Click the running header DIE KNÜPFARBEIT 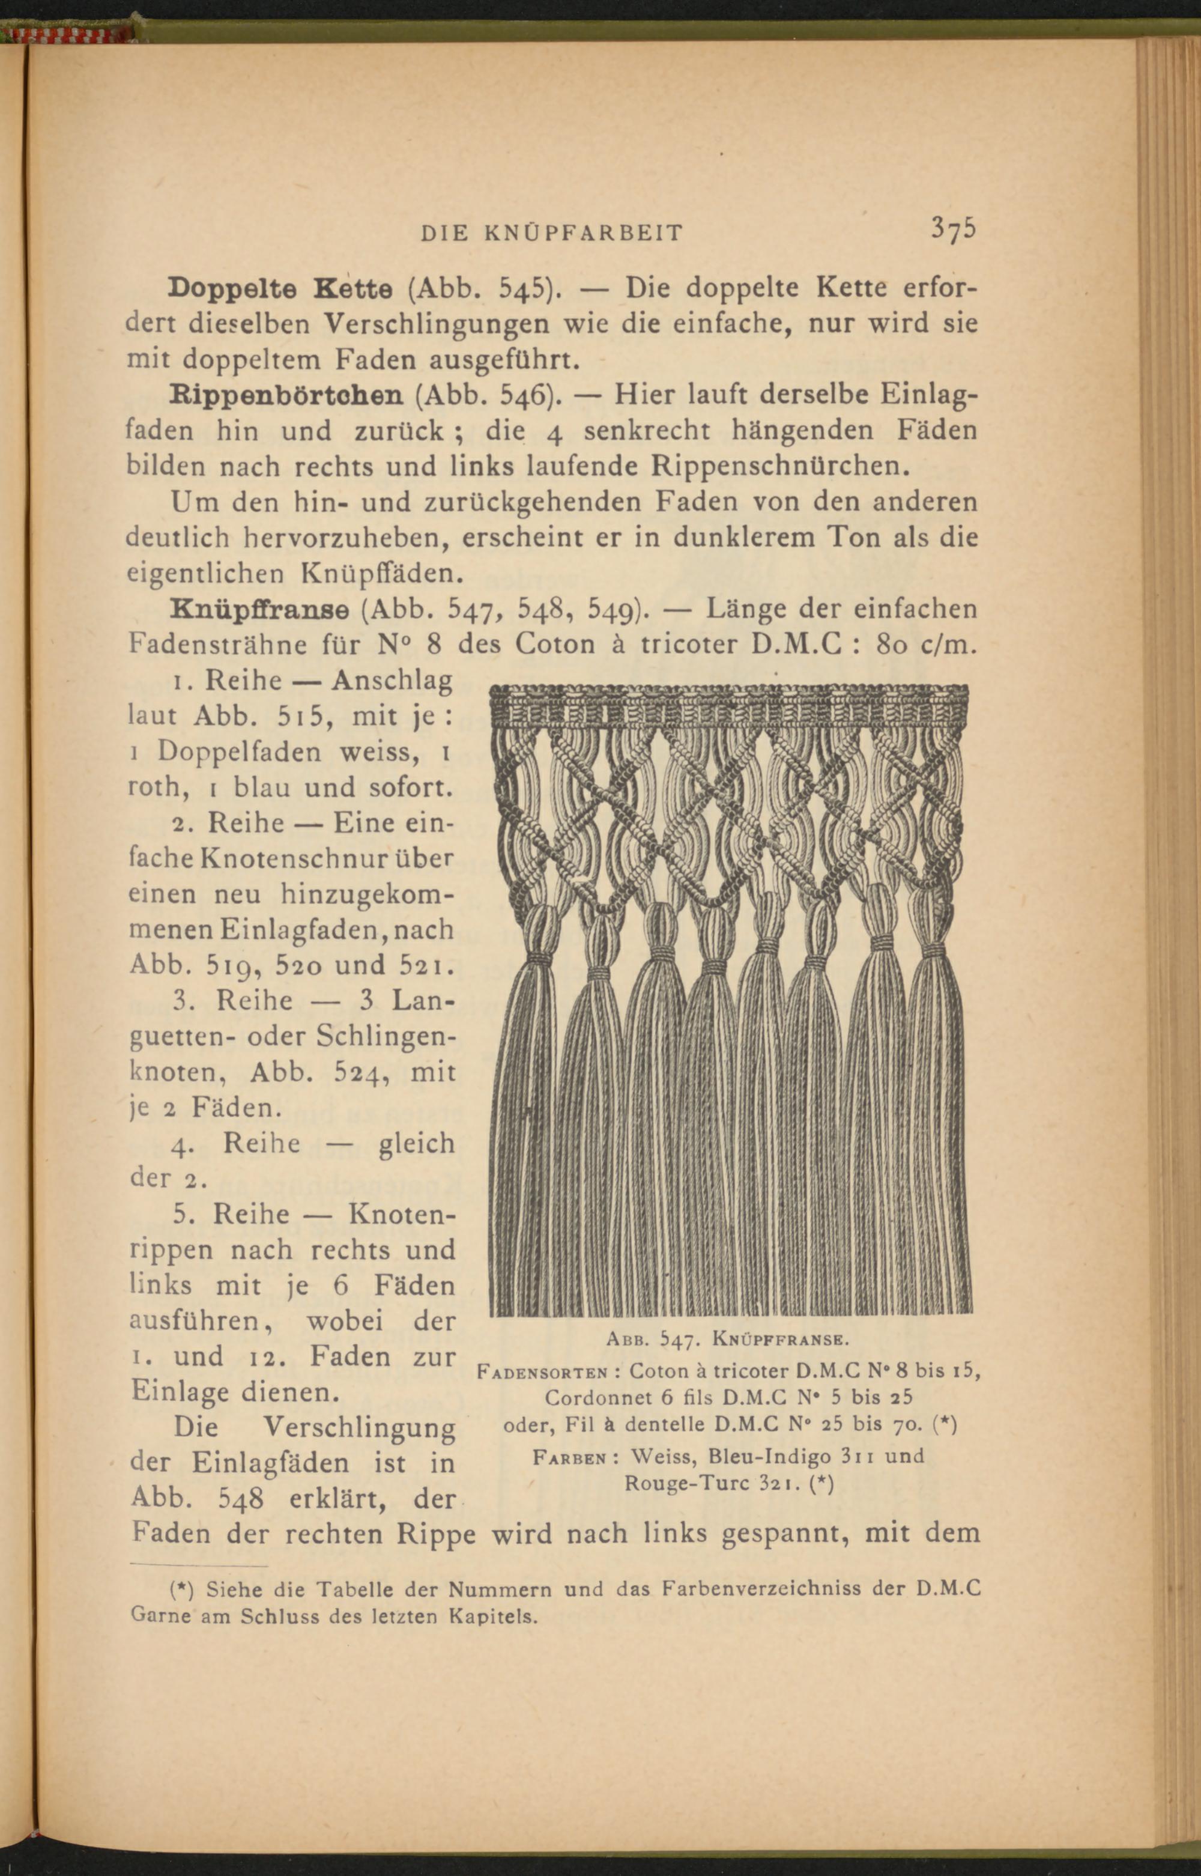[551, 232]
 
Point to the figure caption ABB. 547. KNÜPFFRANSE [726, 1340]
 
